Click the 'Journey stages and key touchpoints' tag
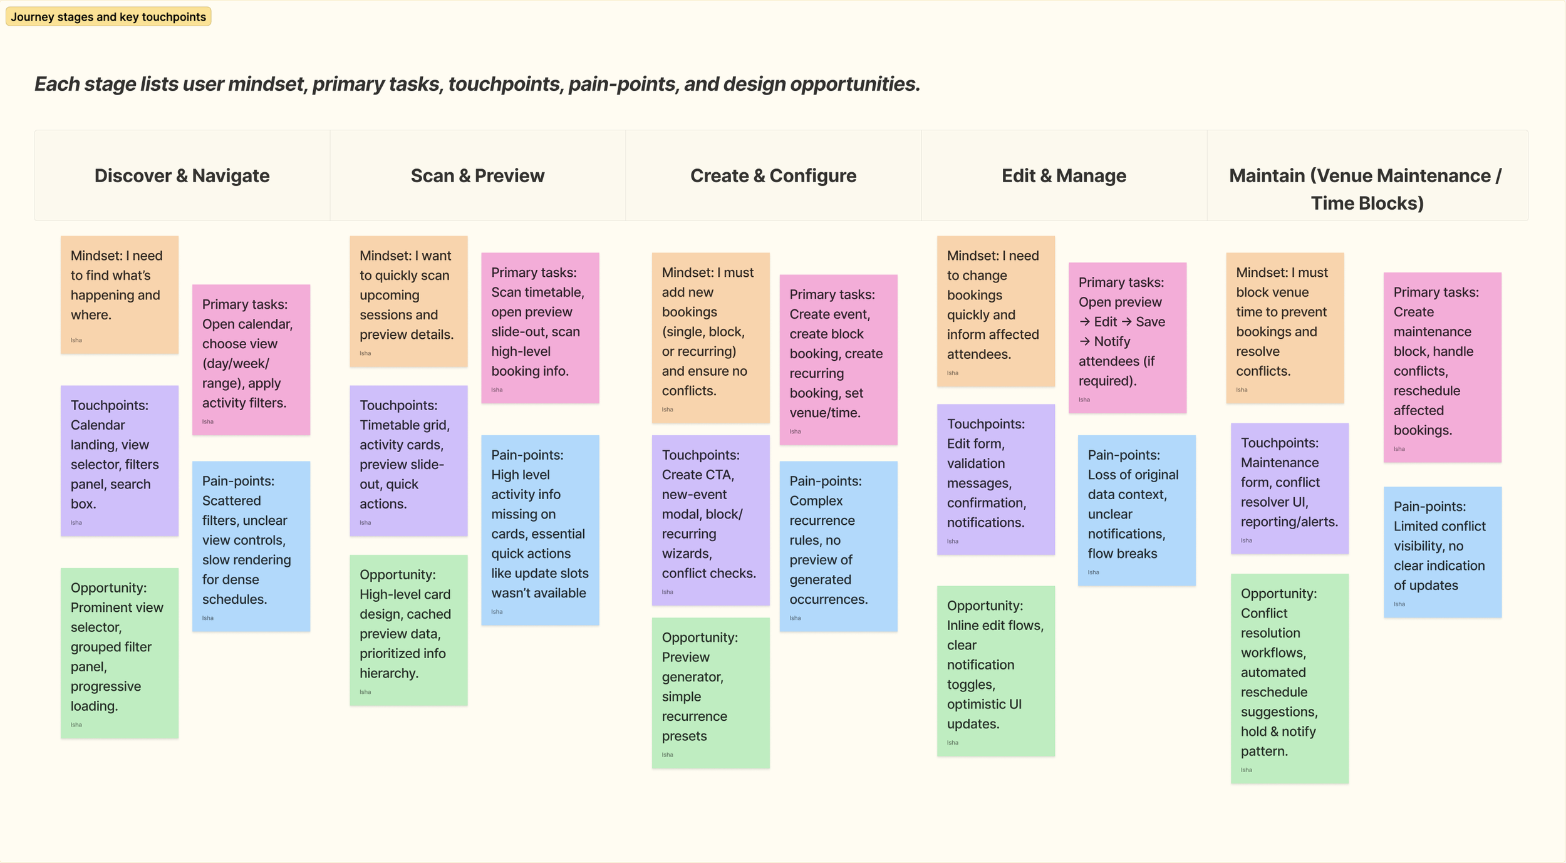click(x=108, y=17)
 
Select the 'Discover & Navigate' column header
click(x=182, y=176)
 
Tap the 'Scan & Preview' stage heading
click(x=477, y=176)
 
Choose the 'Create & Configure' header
click(x=773, y=176)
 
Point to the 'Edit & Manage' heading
click(x=1064, y=176)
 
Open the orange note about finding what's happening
click(x=119, y=294)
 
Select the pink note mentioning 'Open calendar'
click(x=251, y=359)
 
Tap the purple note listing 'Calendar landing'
click(x=119, y=460)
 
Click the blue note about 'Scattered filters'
click(x=251, y=546)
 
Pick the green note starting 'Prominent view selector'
click(x=119, y=653)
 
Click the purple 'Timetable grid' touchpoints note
click(x=408, y=460)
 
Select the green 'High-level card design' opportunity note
click(x=408, y=630)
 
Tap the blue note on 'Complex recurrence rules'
click(x=838, y=546)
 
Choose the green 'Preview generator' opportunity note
click(x=710, y=693)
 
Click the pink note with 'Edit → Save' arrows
click(x=1127, y=338)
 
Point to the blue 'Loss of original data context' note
click(x=1136, y=510)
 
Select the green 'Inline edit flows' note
click(x=995, y=671)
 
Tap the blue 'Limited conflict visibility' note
click(x=1442, y=552)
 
